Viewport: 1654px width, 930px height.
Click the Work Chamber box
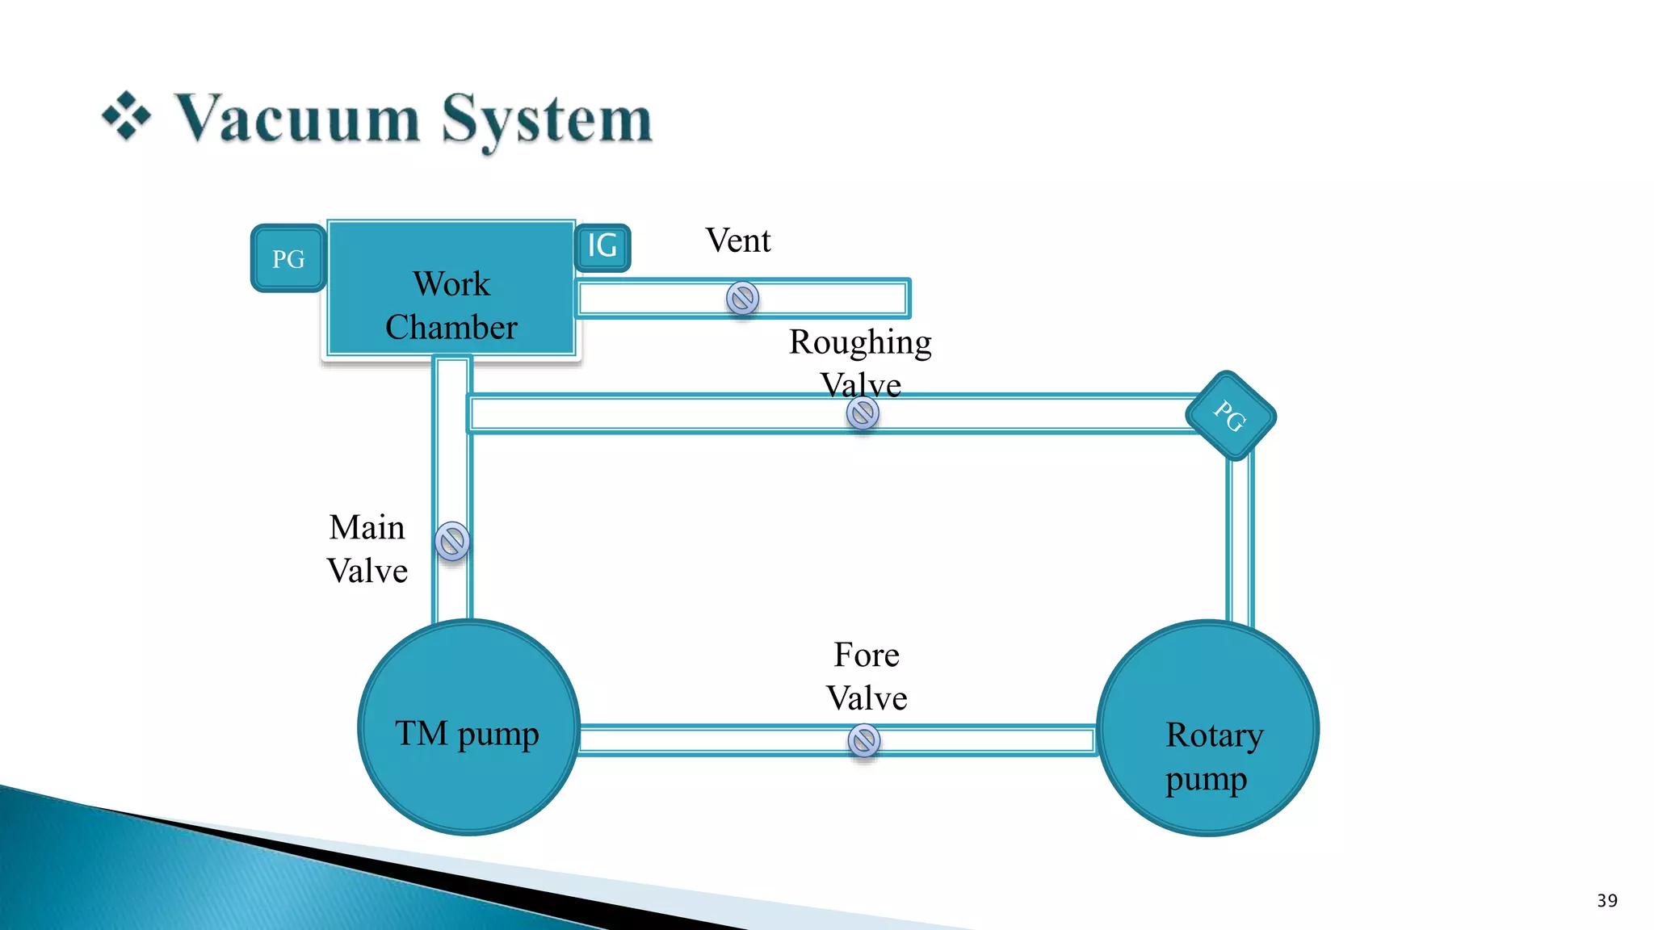pos(451,288)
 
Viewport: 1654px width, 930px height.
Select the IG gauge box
pos(602,246)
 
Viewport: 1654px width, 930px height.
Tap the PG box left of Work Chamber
pos(288,258)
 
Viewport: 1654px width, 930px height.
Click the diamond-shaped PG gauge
pos(1230,416)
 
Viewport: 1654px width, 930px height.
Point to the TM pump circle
pos(468,727)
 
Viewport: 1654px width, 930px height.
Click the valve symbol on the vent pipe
pos(742,298)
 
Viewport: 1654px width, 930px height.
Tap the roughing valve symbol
pos(863,413)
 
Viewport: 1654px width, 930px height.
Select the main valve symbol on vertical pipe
pos(452,541)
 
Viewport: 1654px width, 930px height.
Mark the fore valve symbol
pos(863,740)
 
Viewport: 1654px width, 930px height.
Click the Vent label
pos(737,241)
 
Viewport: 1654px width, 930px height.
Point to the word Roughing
pos(860,343)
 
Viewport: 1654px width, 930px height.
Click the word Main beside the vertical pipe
pos(367,528)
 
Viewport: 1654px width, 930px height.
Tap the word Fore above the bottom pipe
pos(866,655)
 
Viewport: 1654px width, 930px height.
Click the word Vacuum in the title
pos(298,119)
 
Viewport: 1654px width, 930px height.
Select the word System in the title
pos(547,119)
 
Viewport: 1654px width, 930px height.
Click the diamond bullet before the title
pos(126,116)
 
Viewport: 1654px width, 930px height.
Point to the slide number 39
pos(1606,901)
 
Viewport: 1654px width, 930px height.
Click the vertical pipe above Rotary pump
pos(1239,541)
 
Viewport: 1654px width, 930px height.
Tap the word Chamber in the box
pos(451,328)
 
